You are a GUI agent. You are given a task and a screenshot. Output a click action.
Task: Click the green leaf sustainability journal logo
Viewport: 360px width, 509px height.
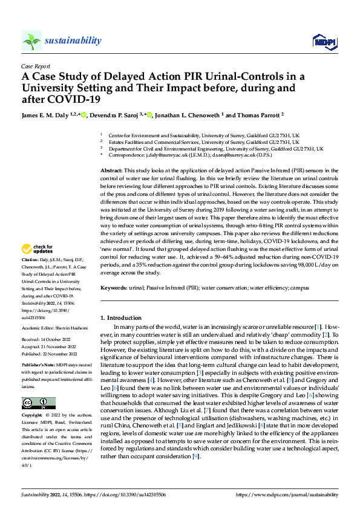click(x=31, y=41)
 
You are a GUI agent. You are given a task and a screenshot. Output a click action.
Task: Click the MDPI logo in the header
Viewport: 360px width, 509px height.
click(x=321, y=41)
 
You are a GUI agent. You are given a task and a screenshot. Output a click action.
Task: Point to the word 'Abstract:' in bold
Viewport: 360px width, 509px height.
click(x=113, y=172)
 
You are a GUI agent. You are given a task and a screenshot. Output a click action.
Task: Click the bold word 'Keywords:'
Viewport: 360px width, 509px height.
click(x=115, y=288)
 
